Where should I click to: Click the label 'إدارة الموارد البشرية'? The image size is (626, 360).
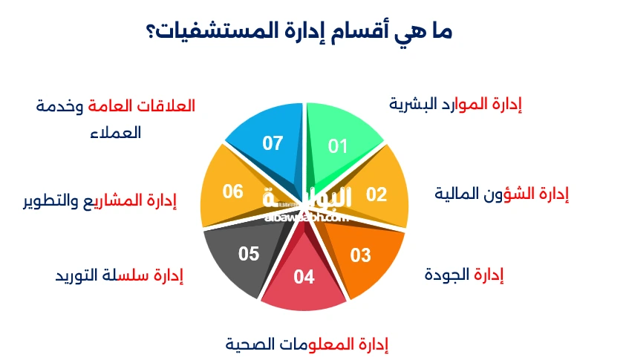click(x=455, y=104)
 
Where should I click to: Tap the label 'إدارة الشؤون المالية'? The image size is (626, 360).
click(x=501, y=194)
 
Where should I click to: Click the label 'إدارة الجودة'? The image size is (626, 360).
click(x=464, y=275)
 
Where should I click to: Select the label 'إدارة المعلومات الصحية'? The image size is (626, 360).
click(x=307, y=344)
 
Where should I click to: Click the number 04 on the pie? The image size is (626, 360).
click(x=304, y=278)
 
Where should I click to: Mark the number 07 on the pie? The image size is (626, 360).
click(x=273, y=143)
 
